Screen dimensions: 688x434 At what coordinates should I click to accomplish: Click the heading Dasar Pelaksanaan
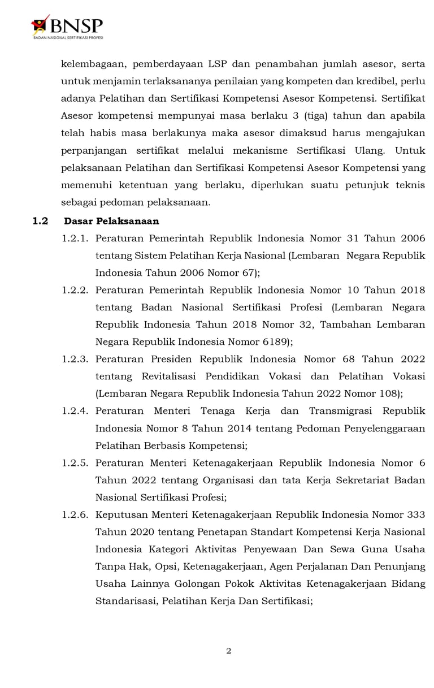(111, 221)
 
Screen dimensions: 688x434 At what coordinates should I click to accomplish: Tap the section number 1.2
(40, 221)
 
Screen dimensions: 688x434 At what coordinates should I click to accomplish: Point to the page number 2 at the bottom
(228, 651)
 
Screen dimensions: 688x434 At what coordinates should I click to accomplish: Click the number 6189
(272, 342)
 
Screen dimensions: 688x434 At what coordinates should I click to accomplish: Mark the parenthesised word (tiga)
(294, 116)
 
